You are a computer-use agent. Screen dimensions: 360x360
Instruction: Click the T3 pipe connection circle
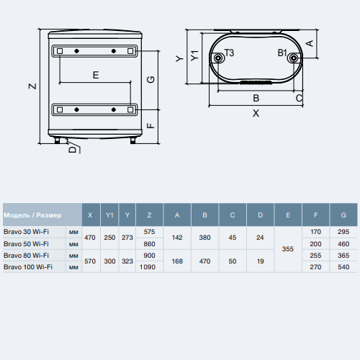point(218,58)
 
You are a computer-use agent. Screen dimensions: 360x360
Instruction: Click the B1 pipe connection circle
point(293,58)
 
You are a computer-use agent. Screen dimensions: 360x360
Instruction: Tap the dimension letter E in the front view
point(96,75)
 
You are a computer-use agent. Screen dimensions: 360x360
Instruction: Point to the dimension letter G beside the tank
point(150,79)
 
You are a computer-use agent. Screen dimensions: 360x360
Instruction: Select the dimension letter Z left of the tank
point(32,86)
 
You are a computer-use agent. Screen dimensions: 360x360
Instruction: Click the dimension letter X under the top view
point(256,113)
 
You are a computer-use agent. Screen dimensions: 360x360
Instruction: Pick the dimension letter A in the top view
point(310,43)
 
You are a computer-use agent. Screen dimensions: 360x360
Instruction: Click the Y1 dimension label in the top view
point(194,55)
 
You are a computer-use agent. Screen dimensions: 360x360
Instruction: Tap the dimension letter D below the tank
point(72,150)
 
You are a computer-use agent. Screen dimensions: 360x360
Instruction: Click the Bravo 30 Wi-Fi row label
point(26,232)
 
